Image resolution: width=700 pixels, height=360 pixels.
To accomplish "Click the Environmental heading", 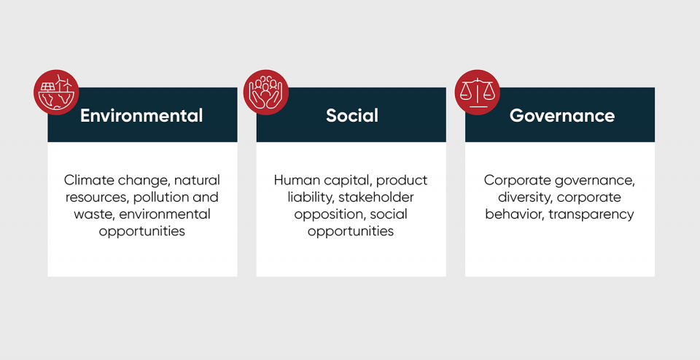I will pyautogui.click(x=141, y=115).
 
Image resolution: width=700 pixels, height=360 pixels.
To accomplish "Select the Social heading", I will pyautogui.click(x=351, y=115).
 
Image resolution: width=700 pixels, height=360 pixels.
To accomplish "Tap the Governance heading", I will pyautogui.click(x=561, y=115).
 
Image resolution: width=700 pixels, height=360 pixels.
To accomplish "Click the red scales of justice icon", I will pyautogui.click(x=477, y=93).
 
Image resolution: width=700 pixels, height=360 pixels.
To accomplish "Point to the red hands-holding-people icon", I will pyautogui.click(x=266, y=93).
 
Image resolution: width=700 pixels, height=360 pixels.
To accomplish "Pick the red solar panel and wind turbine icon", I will pyautogui.click(x=56, y=93).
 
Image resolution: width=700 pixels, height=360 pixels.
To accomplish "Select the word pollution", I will pyautogui.click(x=163, y=197).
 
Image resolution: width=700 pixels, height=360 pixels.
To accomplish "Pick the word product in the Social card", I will pyautogui.click(x=401, y=180).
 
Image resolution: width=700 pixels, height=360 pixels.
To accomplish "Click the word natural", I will pyautogui.click(x=197, y=180).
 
